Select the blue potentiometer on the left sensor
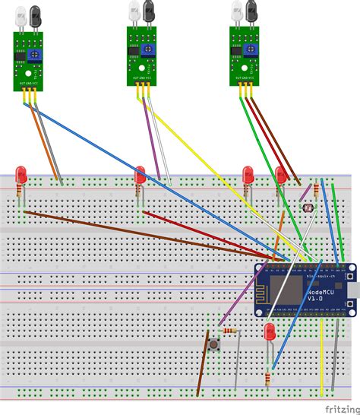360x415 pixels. [x=35, y=55]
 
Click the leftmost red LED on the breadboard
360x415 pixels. [x=23, y=176]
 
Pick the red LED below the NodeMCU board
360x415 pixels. [x=270, y=333]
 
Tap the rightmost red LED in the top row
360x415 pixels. [x=281, y=176]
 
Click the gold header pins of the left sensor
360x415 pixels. [x=30, y=95]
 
